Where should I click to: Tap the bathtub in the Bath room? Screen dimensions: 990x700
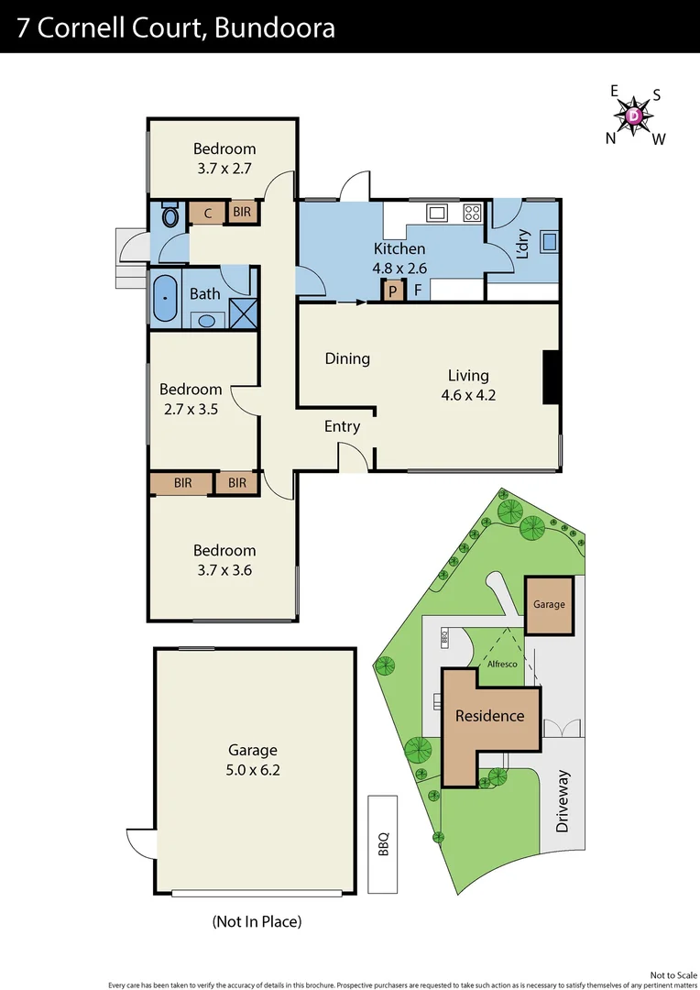pyautogui.click(x=165, y=299)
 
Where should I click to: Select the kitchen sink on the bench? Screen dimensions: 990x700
pyautogui.click(x=437, y=214)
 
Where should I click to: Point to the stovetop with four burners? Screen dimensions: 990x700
pyautogui.click(x=472, y=213)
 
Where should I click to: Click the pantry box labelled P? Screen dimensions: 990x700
pyautogui.click(x=393, y=291)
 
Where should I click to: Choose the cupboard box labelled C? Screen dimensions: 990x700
pyautogui.click(x=208, y=214)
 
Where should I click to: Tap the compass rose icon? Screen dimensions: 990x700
pyautogui.click(x=635, y=115)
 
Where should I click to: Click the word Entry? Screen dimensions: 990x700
pyautogui.click(x=342, y=426)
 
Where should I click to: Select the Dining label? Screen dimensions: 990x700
pyautogui.click(x=347, y=358)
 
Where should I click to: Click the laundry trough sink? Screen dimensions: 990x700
pyautogui.click(x=550, y=242)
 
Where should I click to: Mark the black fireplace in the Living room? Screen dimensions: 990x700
pyautogui.click(x=552, y=377)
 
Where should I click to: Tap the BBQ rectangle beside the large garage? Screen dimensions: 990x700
pyautogui.click(x=382, y=843)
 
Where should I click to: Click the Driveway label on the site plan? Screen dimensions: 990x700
pyautogui.click(x=563, y=800)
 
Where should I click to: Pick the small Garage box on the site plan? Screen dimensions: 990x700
pyautogui.click(x=549, y=605)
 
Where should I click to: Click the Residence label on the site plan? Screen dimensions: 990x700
pyautogui.click(x=490, y=716)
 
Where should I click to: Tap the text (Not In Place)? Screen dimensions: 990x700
pyautogui.click(x=257, y=921)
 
